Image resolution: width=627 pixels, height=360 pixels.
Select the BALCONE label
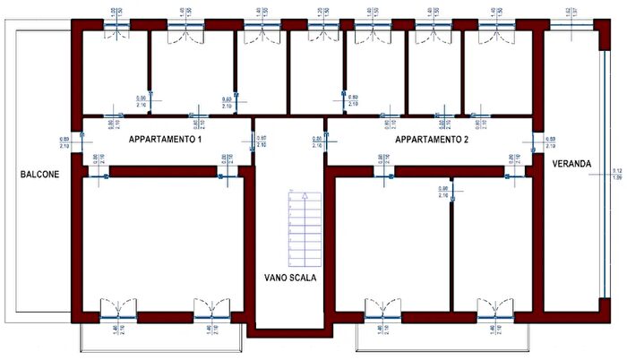click(40, 176)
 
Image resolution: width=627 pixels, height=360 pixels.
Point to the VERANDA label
click(571, 164)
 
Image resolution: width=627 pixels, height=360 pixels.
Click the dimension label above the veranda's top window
click(570, 12)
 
